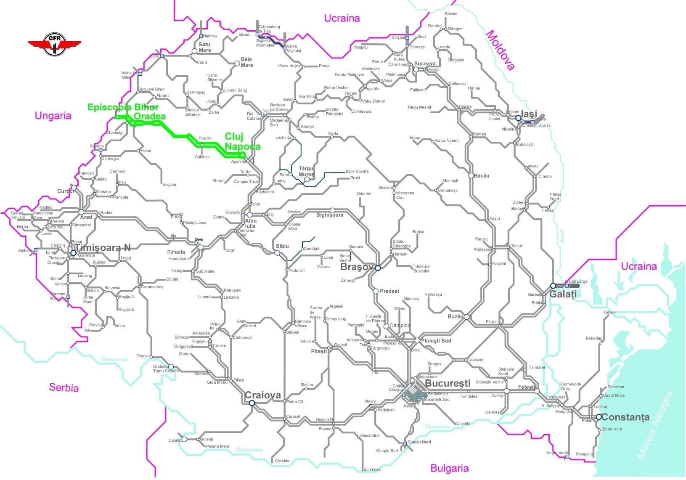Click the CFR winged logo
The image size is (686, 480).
54,44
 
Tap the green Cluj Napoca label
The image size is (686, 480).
242,141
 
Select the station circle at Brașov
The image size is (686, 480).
378,268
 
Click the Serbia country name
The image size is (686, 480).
64,387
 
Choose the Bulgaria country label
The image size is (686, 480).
449,468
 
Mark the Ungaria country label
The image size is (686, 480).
53,116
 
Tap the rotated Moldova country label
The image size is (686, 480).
501,50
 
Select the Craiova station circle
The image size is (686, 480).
252,403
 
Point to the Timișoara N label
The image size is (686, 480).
103,248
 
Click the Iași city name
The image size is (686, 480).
529,114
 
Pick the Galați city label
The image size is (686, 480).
563,294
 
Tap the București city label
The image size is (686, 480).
448,383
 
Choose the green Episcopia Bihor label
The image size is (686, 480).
123,107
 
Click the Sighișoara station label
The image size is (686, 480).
330,215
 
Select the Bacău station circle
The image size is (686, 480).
471,175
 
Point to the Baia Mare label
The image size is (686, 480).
247,62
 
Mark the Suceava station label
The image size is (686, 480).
425,64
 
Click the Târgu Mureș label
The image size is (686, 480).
306,171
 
